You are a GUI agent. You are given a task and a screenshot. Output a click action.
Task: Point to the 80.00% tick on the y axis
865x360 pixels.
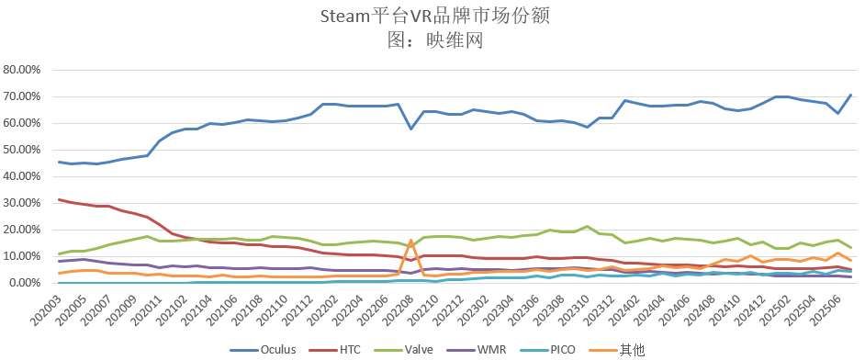(24, 70)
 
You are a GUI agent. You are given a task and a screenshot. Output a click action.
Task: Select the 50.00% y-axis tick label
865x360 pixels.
(24, 150)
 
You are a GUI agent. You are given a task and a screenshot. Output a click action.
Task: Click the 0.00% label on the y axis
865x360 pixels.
(27, 283)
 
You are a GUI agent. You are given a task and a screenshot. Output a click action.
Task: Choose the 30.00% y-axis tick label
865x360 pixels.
(24, 203)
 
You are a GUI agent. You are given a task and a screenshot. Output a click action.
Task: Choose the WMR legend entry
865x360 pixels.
(498, 350)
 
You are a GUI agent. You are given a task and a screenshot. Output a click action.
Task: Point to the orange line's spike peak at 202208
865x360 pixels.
(410, 241)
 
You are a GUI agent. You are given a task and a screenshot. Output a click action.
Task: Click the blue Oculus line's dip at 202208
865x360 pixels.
(410, 129)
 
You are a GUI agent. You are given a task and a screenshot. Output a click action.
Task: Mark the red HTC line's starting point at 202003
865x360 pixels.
(60, 199)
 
